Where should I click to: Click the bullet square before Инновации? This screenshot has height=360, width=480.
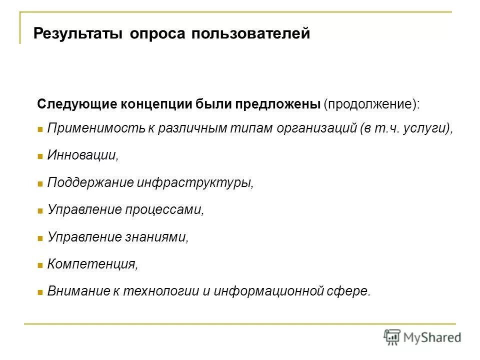click(x=40, y=156)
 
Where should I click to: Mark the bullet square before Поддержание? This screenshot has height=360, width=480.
click(x=40, y=183)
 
